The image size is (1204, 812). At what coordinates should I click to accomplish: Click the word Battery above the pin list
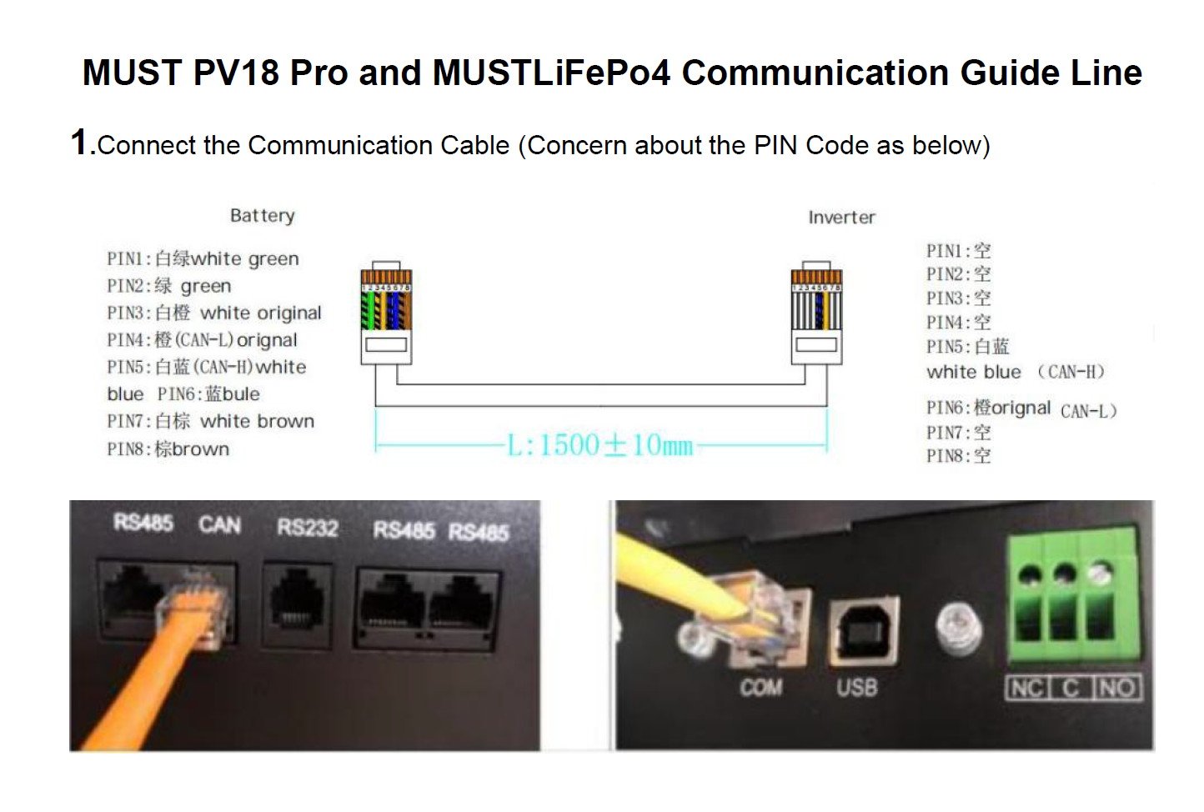(x=262, y=216)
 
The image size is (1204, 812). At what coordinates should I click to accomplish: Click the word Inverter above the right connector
(x=841, y=218)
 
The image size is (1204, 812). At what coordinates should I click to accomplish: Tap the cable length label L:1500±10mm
(x=600, y=445)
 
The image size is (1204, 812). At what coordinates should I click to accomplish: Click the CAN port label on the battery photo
(x=219, y=525)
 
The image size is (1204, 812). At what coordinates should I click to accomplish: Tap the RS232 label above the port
(x=308, y=528)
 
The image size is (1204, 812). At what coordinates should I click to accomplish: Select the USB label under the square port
(x=856, y=687)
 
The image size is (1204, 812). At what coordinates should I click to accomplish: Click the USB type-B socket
(x=863, y=630)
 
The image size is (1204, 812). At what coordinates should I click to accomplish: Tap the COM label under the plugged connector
(x=760, y=687)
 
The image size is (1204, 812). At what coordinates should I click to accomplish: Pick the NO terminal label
(x=1116, y=689)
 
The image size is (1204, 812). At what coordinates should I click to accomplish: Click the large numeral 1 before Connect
(x=80, y=142)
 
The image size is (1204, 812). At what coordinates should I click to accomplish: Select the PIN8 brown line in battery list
(x=168, y=449)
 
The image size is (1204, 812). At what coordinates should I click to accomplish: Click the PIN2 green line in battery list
(x=168, y=286)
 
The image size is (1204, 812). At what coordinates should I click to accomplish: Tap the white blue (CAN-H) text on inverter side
(x=1016, y=372)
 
